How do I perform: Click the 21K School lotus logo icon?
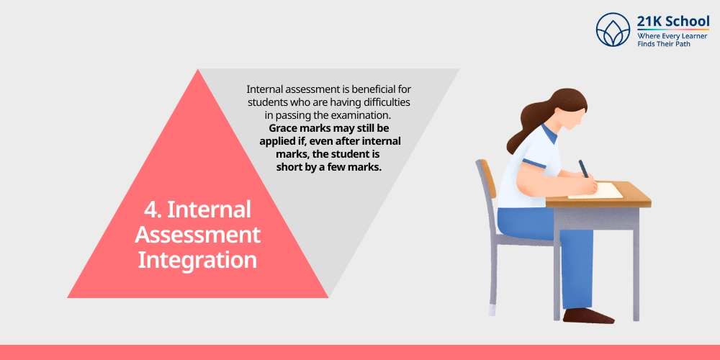pyautogui.click(x=613, y=30)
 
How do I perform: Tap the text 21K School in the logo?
pyautogui.click(x=672, y=22)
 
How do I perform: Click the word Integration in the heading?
pyautogui.click(x=197, y=259)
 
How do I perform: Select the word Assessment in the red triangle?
pyautogui.click(x=197, y=235)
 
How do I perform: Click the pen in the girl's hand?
pyautogui.click(x=585, y=169)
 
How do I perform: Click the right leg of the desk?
pyautogui.click(x=636, y=266)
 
